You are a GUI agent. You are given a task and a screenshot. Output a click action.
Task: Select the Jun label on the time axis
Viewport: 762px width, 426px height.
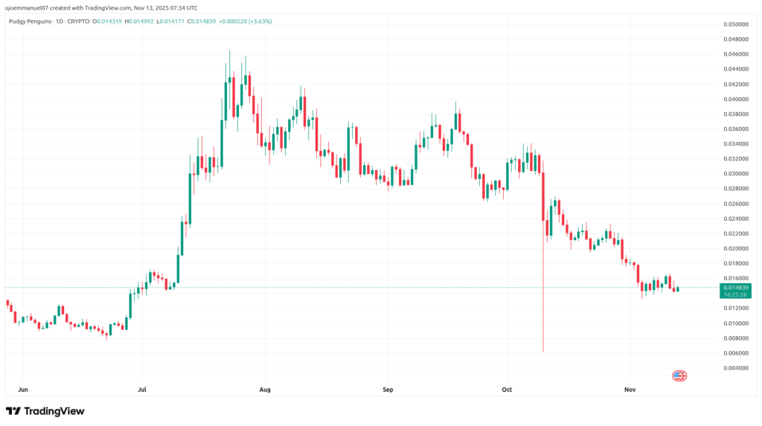[x=22, y=389]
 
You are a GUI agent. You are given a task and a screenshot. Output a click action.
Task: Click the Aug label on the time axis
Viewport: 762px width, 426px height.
[x=264, y=389]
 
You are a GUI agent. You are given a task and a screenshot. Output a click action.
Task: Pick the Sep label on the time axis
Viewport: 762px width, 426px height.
[x=386, y=389]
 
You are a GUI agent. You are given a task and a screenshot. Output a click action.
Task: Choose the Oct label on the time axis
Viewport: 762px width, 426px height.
[x=508, y=389]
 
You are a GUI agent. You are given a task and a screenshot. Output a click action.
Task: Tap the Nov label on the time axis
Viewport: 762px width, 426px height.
[x=630, y=389]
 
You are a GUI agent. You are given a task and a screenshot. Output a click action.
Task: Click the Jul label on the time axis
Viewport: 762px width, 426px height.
[x=141, y=389]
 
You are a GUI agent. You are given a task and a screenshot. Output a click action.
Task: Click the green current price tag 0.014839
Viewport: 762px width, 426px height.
[x=734, y=287]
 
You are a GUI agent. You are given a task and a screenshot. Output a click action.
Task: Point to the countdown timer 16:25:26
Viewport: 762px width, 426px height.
[x=734, y=294]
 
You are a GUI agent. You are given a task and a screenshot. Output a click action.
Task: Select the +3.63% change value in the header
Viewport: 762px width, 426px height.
[x=260, y=22]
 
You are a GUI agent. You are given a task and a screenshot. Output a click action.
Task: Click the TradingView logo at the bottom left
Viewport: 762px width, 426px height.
[x=45, y=411]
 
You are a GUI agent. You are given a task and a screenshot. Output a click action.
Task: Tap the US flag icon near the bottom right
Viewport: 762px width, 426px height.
[x=679, y=376]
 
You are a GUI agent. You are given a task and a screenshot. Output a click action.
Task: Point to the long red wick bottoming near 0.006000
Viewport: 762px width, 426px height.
[x=543, y=312]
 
